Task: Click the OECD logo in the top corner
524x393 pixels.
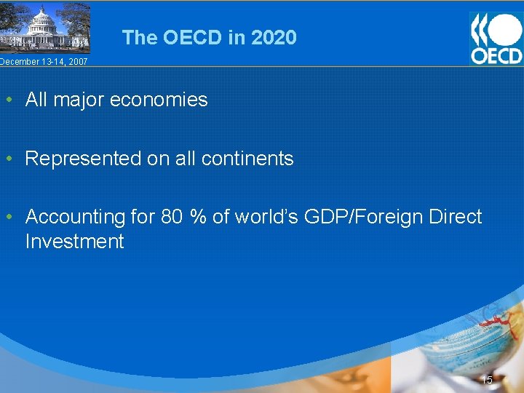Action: (x=496, y=38)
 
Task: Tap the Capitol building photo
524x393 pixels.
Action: (x=45, y=28)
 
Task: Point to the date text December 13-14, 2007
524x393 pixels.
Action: (x=44, y=62)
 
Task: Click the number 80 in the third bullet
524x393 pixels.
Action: (x=172, y=217)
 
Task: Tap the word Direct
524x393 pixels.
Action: (x=457, y=217)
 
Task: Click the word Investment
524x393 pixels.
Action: (x=74, y=242)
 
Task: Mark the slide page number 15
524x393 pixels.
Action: (x=487, y=380)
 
